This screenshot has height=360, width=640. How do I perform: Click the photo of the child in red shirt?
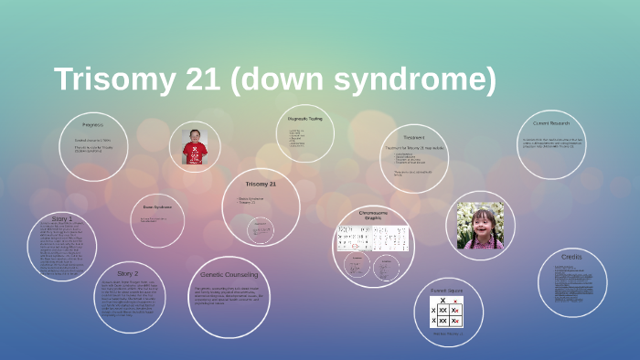pyautogui.click(x=195, y=146)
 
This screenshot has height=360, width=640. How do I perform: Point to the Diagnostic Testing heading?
pyautogui.click(x=305, y=118)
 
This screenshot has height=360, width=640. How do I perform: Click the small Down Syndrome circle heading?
pyautogui.click(x=158, y=207)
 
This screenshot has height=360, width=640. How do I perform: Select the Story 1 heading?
pyautogui.click(x=62, y=219)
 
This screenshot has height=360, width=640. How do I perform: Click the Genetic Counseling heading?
pyautogui.click(x=229, y=274)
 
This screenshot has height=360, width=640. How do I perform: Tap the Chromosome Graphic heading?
pyautogui.click(x=372, y=215)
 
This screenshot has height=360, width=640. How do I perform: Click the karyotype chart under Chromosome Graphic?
pyautogui.click(x=372, y=238)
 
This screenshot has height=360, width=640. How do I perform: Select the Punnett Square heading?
pyautogui.click(x=447, y=290)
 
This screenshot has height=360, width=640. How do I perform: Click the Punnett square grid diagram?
pyautogui.click(x=446, y=313)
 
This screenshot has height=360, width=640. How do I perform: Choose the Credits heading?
pyautogui.click(x=571, y=258)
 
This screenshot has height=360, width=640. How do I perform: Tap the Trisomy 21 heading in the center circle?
pyautogui.click(x=261, y=184)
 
